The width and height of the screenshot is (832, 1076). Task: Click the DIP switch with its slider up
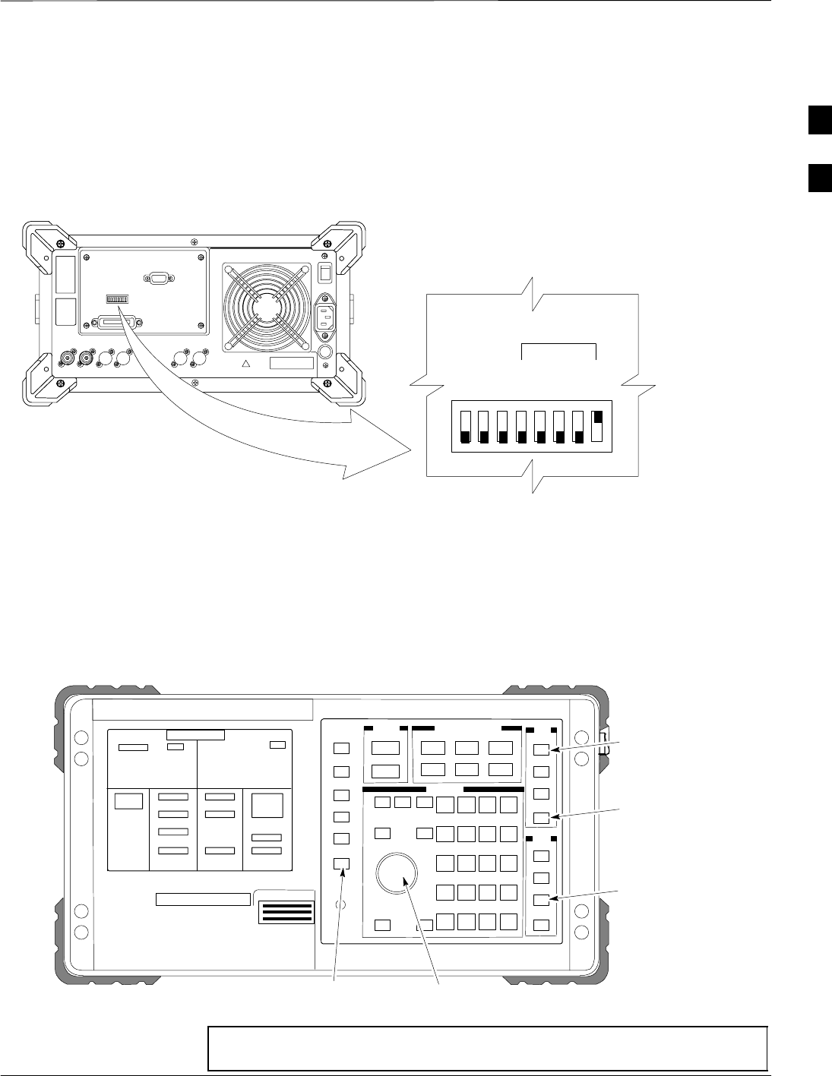tap(598, 427)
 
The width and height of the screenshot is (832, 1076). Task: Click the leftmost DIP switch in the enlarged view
tap(465, 427)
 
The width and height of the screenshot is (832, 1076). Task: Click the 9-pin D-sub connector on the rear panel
tap(160, 278)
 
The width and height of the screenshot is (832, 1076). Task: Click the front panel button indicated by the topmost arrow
tap(540, 750)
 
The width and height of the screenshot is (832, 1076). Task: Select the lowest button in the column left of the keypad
tap(341, 863)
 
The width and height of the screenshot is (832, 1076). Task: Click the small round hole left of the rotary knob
tap(341, 905)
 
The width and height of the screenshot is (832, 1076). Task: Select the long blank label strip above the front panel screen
tap(203, 709)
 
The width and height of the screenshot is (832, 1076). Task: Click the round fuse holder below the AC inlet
tap(326, 353)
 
